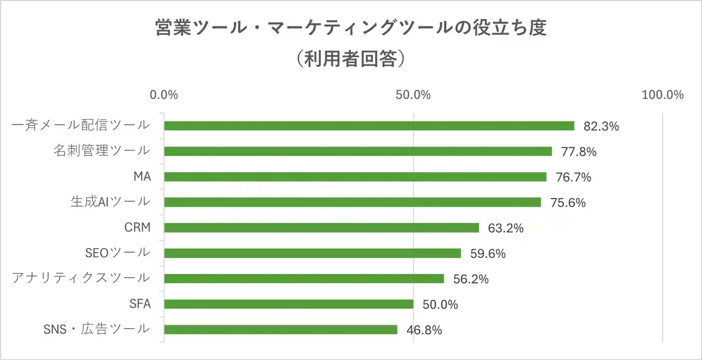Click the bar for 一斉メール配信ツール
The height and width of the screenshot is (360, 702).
point(369,126)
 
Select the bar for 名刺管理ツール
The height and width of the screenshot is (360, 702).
point(358,151)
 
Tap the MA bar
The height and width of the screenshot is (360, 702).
point(355,177)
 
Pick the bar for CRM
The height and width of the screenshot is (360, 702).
point(321,228)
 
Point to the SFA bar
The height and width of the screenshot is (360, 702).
point(288,304)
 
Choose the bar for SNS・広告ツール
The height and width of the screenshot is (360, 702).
point(280,329)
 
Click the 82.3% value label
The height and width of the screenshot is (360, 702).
point(601,126)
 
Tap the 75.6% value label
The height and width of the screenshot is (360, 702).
point(568,203)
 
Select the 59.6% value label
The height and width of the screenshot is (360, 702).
point(488,254)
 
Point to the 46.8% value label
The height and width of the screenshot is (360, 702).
point(424,330)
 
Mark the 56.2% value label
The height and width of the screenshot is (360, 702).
point(471,279)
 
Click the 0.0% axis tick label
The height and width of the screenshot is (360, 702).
point(164,94)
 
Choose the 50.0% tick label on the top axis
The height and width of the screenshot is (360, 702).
point(413,94)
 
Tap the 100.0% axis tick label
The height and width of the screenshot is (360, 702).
point(663,94)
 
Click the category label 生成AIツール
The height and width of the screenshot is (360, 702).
point(110,201)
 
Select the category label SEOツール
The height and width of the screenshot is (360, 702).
point(117,252)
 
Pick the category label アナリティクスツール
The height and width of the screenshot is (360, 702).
point(81,278)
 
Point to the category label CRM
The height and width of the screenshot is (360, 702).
point(138,227)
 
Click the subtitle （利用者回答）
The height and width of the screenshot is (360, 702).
point(351,59)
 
